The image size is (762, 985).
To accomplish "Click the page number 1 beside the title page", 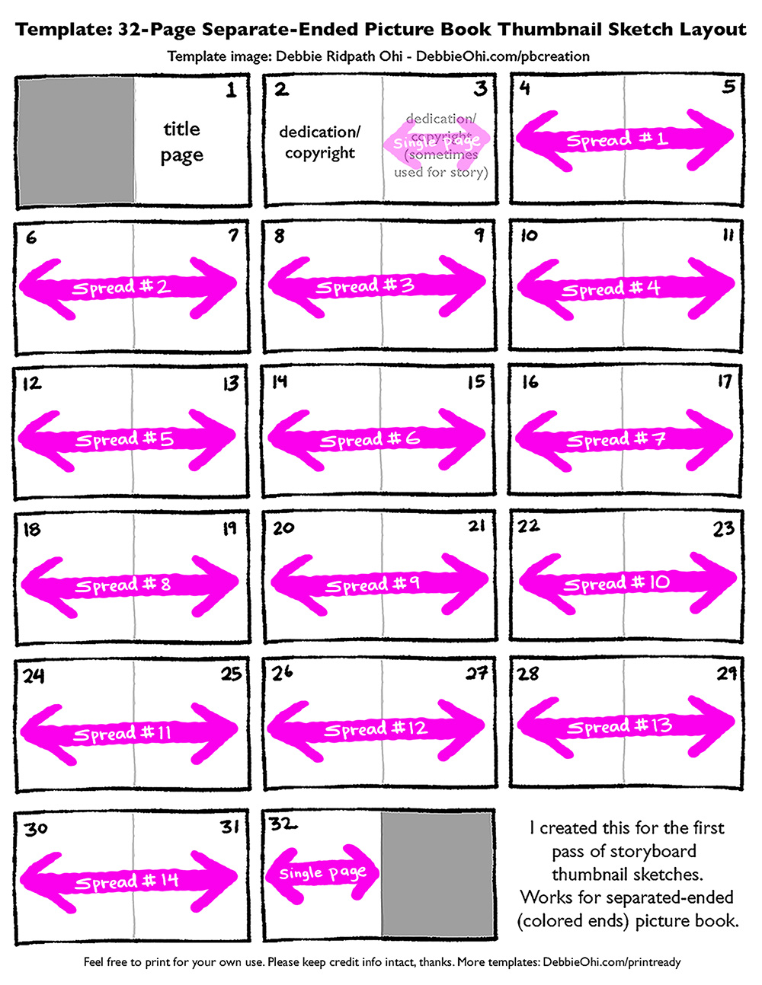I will [x=231, y=91].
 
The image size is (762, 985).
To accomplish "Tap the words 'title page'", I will [x=182, y=142].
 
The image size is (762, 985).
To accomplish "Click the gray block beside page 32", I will [x=437, y=874].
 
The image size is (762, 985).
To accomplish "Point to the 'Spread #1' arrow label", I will [x=616, y=140].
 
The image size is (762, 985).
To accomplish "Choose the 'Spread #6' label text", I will [x=370, y=440].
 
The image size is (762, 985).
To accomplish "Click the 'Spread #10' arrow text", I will [x=616, y=584].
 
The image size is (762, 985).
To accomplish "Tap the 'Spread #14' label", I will [x=126, y=881].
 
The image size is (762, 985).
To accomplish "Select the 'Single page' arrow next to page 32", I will [x=322, y=872].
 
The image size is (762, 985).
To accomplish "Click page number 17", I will [x=724, y=381].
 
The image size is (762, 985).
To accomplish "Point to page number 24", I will [x=34, y=675].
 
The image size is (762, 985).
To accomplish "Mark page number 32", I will [x=283, y=824].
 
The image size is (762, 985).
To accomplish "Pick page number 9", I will [x=479, y=235].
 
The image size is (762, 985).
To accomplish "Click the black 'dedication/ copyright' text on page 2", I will [x=320, y=142].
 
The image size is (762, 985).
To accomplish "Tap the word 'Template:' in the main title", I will [x=62, y=30].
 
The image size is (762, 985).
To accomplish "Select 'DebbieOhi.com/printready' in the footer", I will [x=612, y=962].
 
